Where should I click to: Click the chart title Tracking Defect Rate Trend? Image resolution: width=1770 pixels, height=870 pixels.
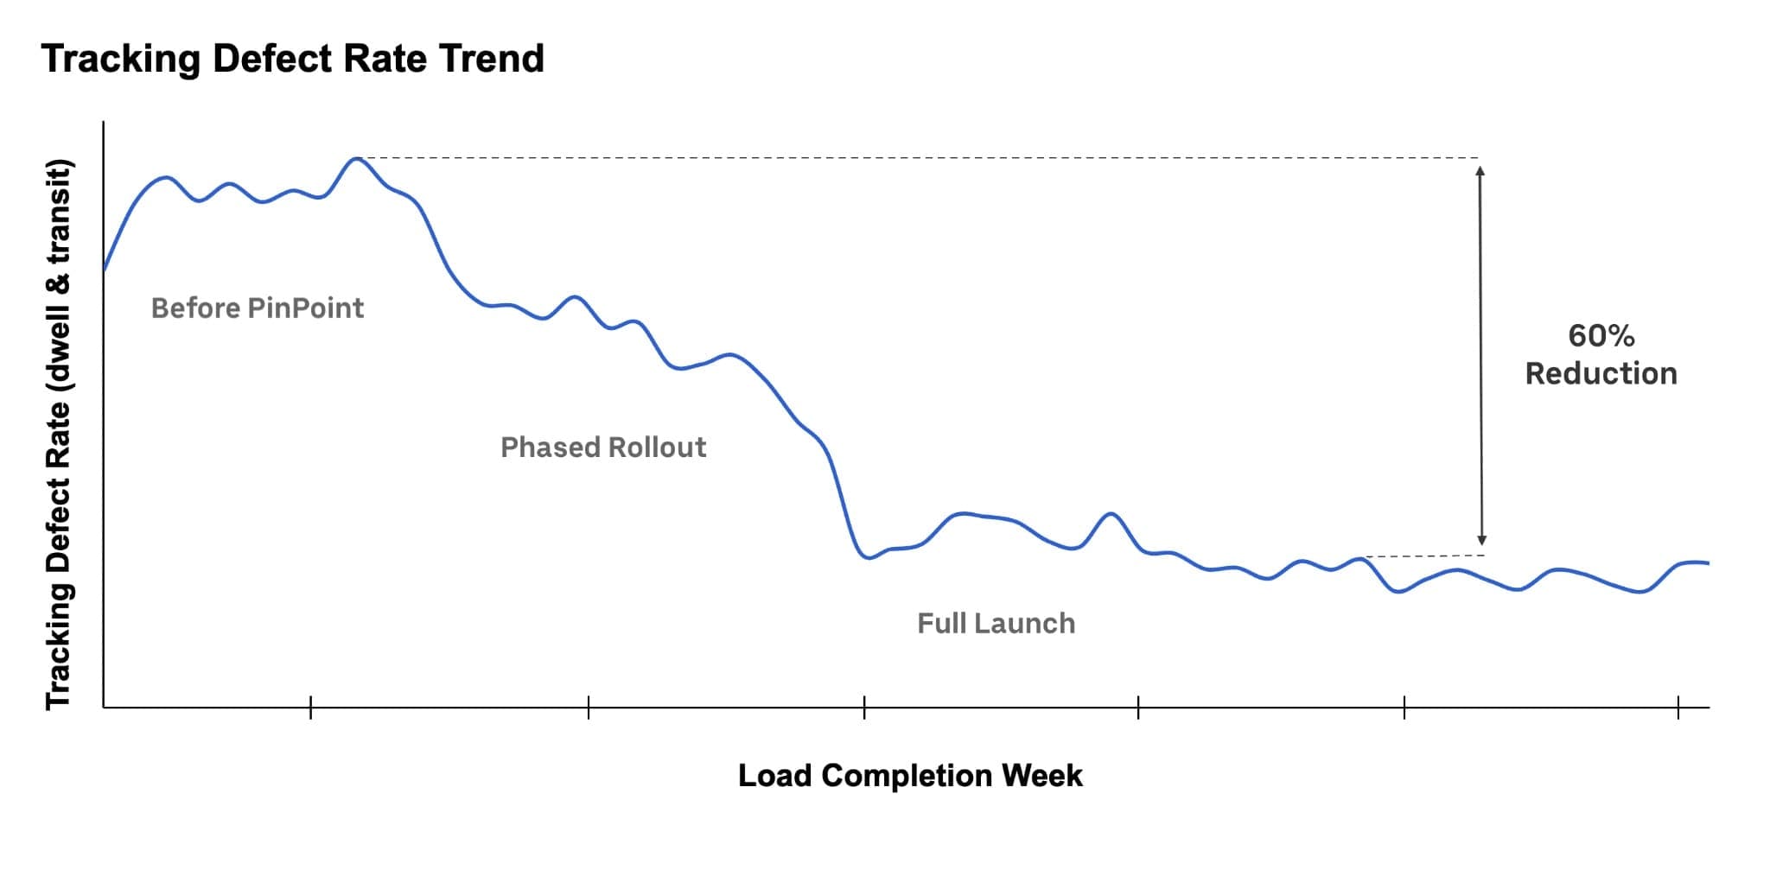point(292,59)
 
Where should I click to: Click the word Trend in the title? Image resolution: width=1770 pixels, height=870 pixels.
point(491,59)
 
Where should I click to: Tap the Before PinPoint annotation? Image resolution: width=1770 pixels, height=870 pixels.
point(257,308)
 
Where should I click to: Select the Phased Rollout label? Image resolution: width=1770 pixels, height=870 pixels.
point(603,448)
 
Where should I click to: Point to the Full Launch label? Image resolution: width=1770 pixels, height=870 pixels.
point(996,624)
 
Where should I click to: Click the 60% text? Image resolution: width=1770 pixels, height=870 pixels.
point(1601,336)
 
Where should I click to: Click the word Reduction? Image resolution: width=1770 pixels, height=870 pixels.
point(1601,374)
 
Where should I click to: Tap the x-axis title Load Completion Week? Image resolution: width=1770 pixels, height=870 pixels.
point(909,776)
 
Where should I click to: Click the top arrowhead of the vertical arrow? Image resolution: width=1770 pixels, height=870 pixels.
point(1480,171)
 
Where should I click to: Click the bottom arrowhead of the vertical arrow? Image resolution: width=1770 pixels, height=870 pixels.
point(1481,541)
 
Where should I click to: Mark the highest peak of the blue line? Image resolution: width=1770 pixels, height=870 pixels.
point(355,159)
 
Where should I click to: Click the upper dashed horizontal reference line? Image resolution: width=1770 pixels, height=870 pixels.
point(916,158)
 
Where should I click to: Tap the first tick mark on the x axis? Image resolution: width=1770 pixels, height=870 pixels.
point(310,708)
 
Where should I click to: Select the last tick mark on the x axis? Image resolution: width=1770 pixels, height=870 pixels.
point(1678,708)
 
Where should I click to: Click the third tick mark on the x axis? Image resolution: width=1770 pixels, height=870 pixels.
point(864,708)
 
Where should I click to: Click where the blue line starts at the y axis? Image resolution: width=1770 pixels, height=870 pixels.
point(105,270)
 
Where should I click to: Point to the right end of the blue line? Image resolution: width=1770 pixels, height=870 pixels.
point(1708,563)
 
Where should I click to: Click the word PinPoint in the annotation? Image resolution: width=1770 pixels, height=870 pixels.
point(305,308)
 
